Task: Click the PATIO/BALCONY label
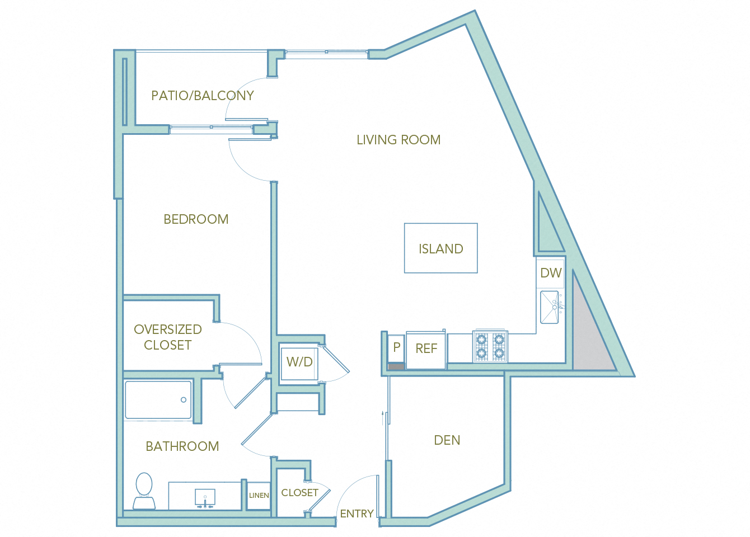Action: click(203, 96)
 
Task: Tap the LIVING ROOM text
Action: click(399, 140)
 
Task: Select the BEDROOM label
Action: click(196, 219)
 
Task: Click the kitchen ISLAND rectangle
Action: click(441, 248)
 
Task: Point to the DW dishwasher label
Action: click(551, 273)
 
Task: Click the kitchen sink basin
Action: click(550, 307)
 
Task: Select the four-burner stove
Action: click(490, 347)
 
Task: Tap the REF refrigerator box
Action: click(426, 349)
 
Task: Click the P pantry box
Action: click(396, 347)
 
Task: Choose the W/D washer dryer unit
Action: click(299, 362)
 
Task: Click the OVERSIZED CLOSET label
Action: click(168, 337)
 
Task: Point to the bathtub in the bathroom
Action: click(158, 400)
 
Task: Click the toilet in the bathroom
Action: click(144, 491)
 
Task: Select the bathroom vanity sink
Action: click(205, 497)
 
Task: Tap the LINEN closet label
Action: click(259, 496)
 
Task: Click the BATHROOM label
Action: click(182, 446)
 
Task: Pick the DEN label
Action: click(447, 440)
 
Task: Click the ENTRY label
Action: click(357, 514)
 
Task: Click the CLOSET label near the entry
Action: click(299, 493)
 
